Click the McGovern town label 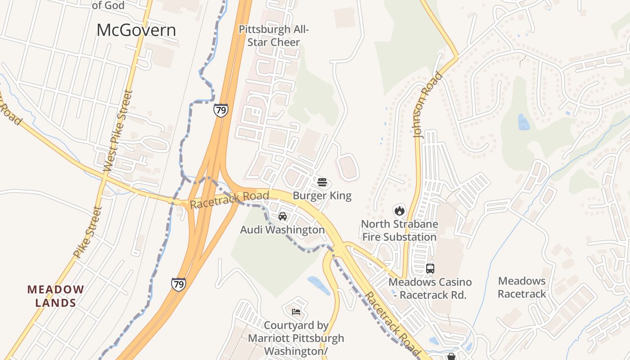tap(136, 30)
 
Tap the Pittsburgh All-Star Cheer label tap(274, 36)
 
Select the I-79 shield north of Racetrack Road tap(220, 110)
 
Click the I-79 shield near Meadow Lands tap(179, 284)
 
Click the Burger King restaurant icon tap(322, 182)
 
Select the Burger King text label tap(322, 196)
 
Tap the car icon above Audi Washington tap(282, 216)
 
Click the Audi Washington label tap(282, 230)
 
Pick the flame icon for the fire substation tap(399, 210)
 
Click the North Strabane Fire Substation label tap(399, 230)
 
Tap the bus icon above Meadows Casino tap(430, 269)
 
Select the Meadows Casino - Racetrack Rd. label tap(430, 288)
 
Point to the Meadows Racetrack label tap(522, 288)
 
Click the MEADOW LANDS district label tap(56, 296)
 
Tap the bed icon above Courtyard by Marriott tap(296, 311)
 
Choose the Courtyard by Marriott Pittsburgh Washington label tap(296, 338)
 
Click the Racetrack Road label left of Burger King tap(229, 200)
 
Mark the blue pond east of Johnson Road tap(523, 122)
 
